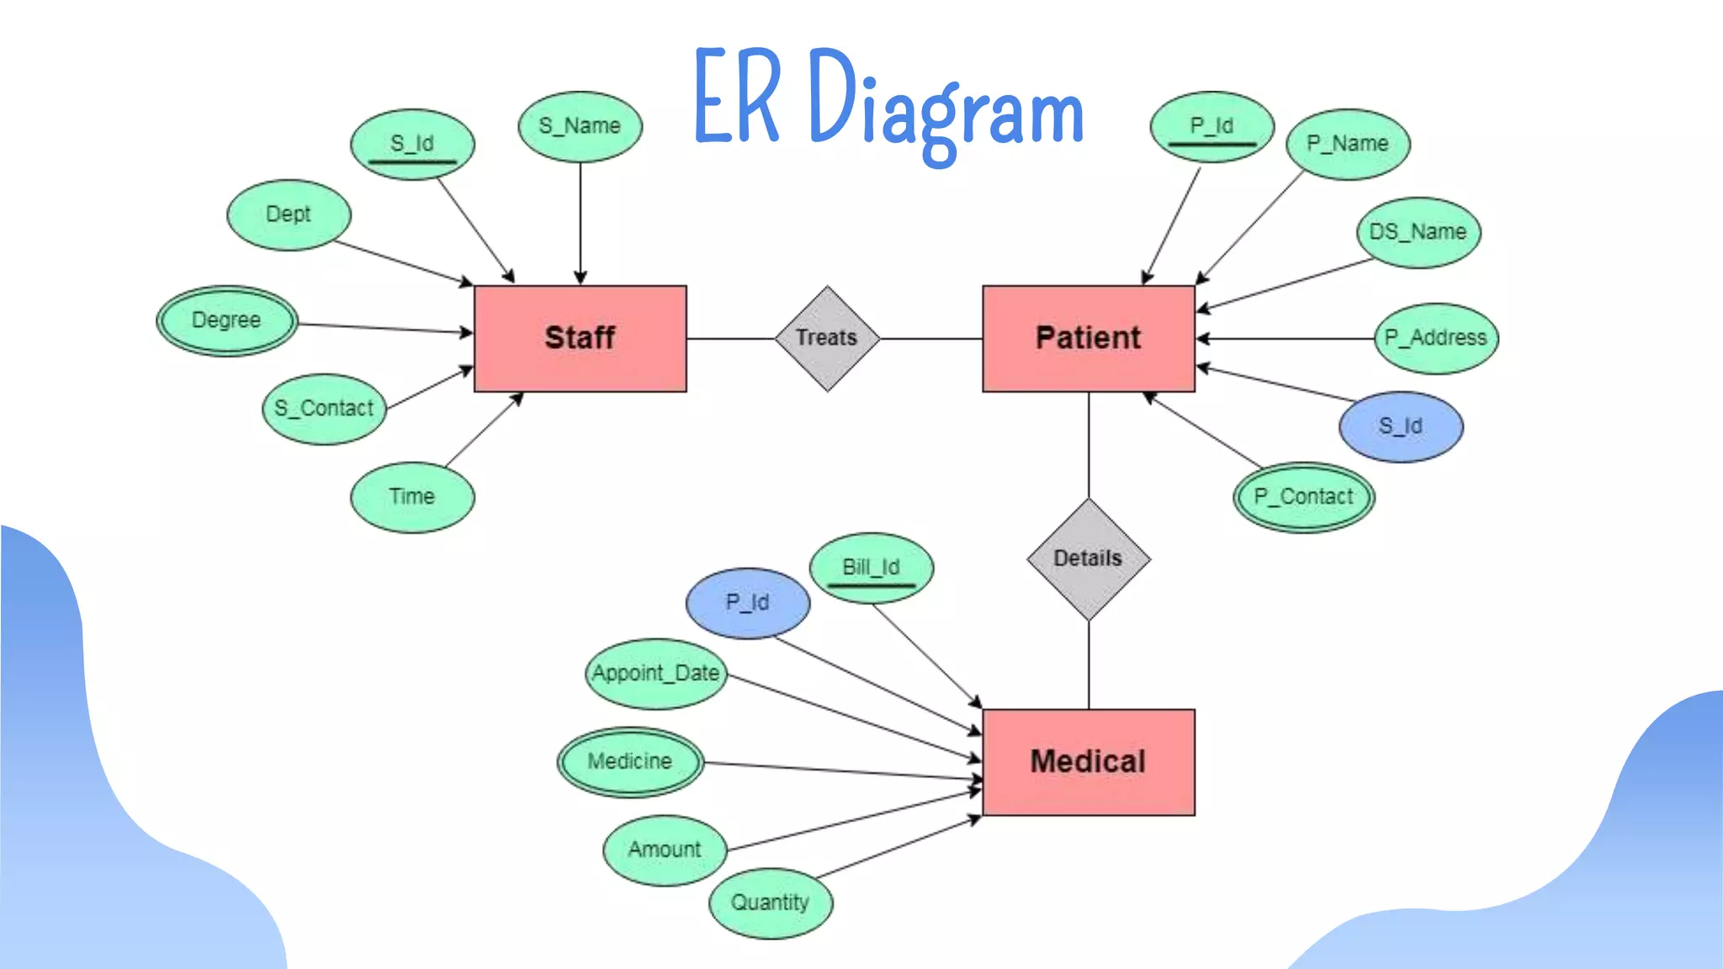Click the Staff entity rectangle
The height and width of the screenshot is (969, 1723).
[x=580, y=338]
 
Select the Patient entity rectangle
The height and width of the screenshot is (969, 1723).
[x=1088, y=338]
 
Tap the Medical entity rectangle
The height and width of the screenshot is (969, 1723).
[x=1088, y=761]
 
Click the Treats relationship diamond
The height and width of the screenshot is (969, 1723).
[x=827, y=338]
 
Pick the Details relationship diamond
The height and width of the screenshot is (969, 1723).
[x=1088, y=559]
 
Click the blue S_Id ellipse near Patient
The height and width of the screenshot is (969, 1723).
[x=1401, y=426]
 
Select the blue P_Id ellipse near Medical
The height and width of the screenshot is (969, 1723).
[x=748, y=603]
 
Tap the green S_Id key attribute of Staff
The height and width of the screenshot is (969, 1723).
[x=412, y=144]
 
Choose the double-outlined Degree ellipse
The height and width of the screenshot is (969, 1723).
[x=226, y=320]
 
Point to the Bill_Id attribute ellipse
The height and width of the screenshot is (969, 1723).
[x=872, y=568]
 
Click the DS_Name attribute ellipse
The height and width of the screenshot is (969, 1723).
[x=1418, y=232]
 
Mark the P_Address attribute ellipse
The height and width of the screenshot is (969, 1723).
[x=1436, y=338]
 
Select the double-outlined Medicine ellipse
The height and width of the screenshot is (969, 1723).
[x=630, y=762]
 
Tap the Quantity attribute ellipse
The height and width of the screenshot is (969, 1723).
[x=770, y=903]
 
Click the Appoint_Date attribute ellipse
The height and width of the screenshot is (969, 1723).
[x=656, y=674]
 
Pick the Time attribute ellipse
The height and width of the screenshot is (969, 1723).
[x=412, y=497]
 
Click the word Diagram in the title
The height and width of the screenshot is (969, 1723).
[x=946, y=109]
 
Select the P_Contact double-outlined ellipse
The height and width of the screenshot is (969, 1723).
[x=1304, y=497]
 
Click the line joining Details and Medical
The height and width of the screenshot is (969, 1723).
[x=1089, y=665]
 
